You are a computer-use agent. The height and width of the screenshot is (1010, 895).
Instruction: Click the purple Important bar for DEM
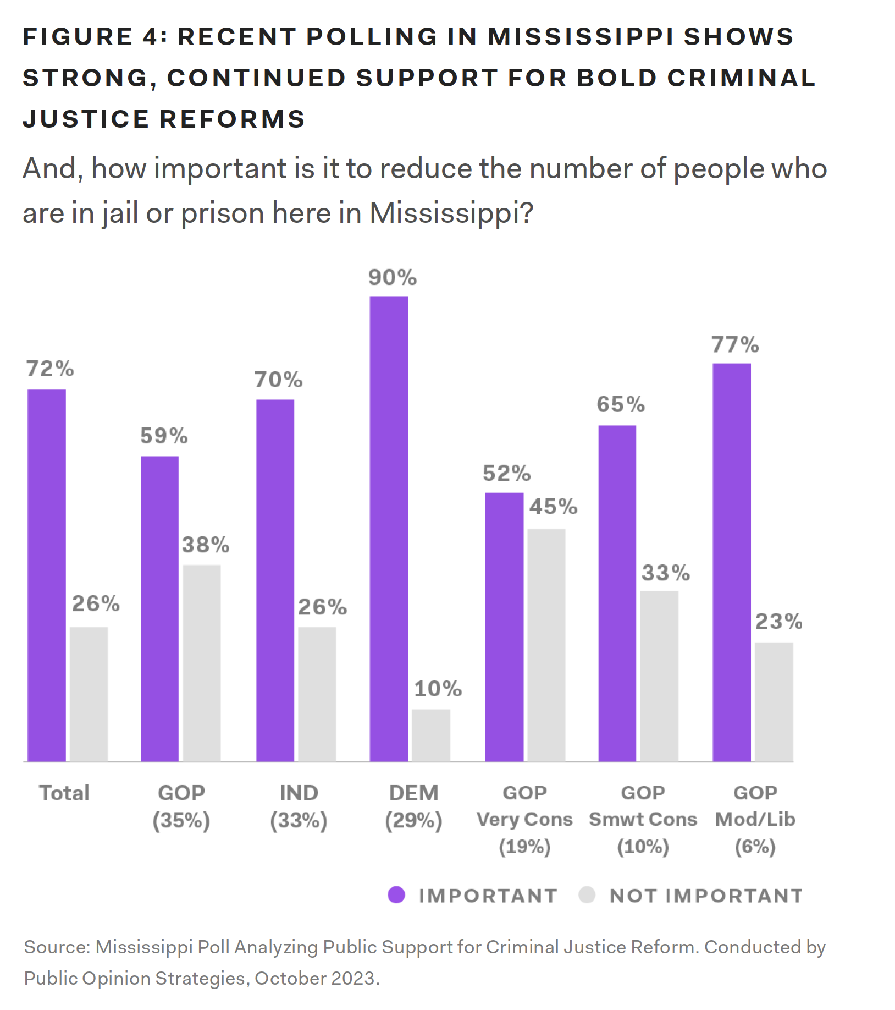[389, 528]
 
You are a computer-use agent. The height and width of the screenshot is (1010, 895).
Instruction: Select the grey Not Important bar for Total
[89, 693]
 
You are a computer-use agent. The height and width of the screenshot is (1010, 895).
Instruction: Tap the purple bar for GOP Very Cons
[504, 627]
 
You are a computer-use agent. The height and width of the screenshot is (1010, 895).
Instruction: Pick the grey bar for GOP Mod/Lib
[774, 701]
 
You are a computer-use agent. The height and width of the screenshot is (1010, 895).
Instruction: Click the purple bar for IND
[275, 580]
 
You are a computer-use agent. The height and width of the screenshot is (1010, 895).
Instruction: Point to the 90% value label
[393, 278]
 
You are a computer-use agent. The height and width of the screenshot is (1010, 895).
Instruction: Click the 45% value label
[553, 507]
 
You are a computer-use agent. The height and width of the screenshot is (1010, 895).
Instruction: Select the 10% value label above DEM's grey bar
[438, 689]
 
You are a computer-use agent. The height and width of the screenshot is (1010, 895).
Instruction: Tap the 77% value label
[735, 345]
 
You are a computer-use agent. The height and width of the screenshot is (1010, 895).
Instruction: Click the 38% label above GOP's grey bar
[206, 545]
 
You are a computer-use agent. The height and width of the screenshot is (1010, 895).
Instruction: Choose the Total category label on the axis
[64, 793]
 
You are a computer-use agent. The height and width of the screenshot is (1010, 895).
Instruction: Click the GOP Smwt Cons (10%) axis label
[643, 819]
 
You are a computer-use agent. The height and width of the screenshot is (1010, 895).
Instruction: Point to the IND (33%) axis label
[299, 806]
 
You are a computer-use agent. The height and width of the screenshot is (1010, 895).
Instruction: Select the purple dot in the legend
[396, 895]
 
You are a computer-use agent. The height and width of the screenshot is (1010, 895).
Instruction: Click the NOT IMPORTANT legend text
[706, 896]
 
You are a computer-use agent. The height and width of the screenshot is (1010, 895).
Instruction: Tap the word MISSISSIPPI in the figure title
[581, 37]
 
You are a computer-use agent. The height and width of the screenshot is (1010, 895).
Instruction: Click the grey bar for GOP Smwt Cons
[659, 676]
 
